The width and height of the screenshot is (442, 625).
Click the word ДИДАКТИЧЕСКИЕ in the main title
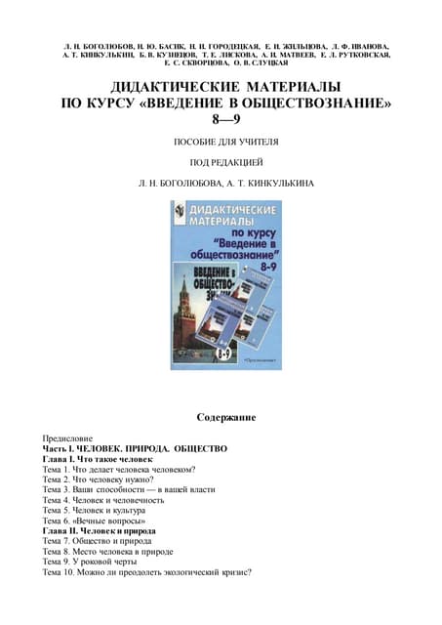[168, 86]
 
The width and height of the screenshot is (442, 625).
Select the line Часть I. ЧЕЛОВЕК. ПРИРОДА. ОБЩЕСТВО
[135, 448]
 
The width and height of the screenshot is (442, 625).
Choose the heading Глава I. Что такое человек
[98, 458]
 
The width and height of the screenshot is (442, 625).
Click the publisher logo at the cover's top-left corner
[180, 212]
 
